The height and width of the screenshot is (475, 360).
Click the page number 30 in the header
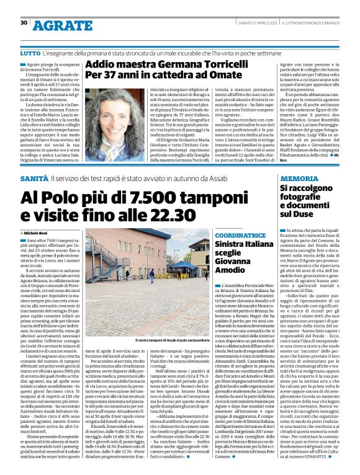24,23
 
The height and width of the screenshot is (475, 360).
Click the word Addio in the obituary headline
99,64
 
